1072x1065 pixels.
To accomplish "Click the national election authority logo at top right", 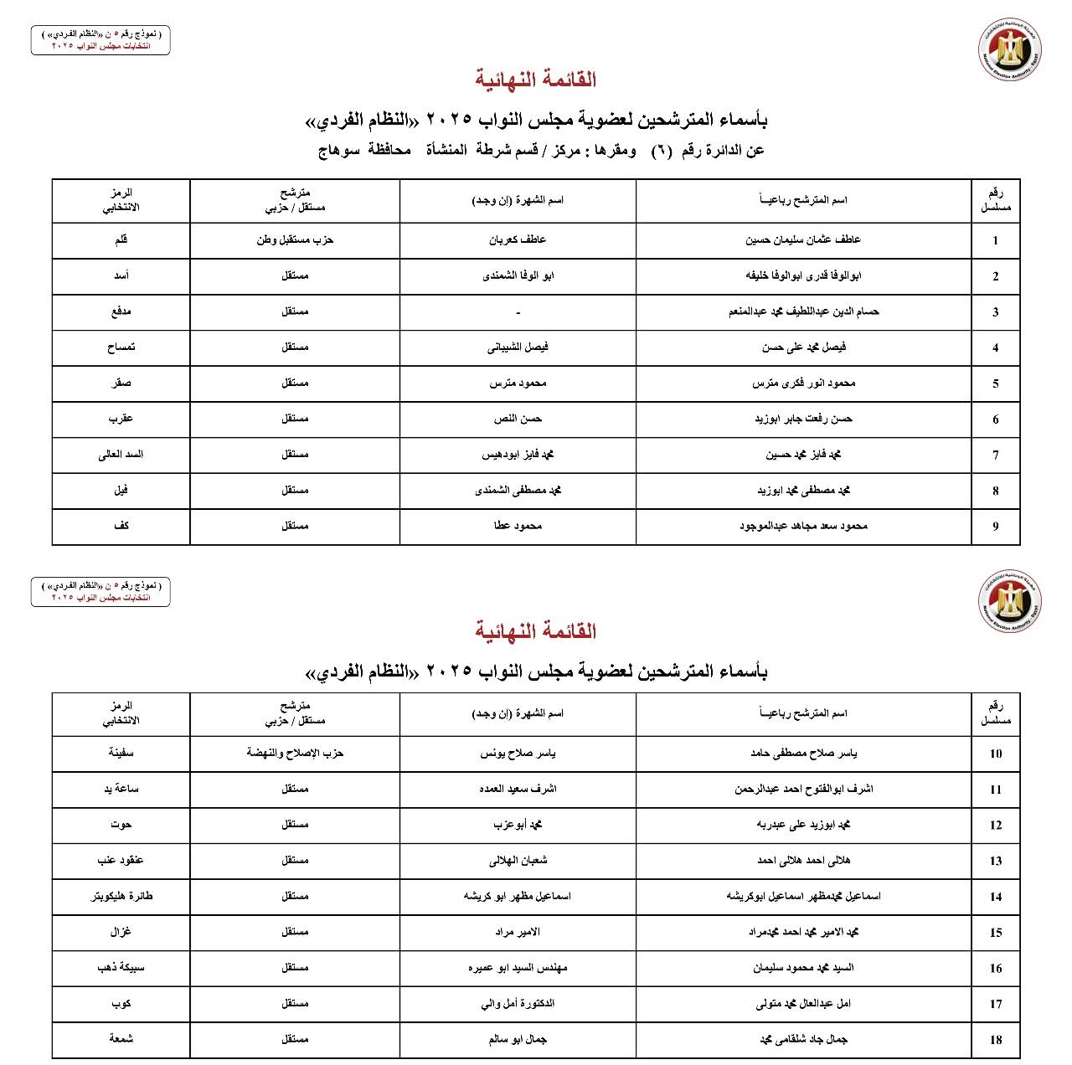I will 1010,51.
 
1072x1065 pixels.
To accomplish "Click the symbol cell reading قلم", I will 121,240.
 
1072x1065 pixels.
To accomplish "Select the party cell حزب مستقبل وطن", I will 295,240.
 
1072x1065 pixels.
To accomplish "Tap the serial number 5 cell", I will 995,383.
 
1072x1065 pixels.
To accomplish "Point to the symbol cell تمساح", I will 121,347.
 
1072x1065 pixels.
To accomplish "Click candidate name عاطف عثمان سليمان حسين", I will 803,240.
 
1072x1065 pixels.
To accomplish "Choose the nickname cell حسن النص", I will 518,419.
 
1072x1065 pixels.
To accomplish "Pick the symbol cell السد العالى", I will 121,455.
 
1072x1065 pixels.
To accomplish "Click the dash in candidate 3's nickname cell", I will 518,312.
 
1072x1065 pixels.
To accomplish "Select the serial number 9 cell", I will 995,527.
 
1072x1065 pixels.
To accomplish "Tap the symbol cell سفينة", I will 121,753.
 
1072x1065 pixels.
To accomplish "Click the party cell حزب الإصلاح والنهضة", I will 295,753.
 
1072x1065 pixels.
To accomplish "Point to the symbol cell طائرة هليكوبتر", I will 121,896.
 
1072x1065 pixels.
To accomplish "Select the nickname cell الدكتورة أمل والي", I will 518,1003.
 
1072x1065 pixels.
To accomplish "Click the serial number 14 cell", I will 995,897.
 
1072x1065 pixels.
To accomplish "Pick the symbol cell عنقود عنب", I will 121,861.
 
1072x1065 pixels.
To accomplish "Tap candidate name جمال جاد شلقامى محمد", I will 803,1039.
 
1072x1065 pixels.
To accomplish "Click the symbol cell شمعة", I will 121,1039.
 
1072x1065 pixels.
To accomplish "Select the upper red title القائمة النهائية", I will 536,80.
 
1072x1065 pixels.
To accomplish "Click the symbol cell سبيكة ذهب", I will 121,968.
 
